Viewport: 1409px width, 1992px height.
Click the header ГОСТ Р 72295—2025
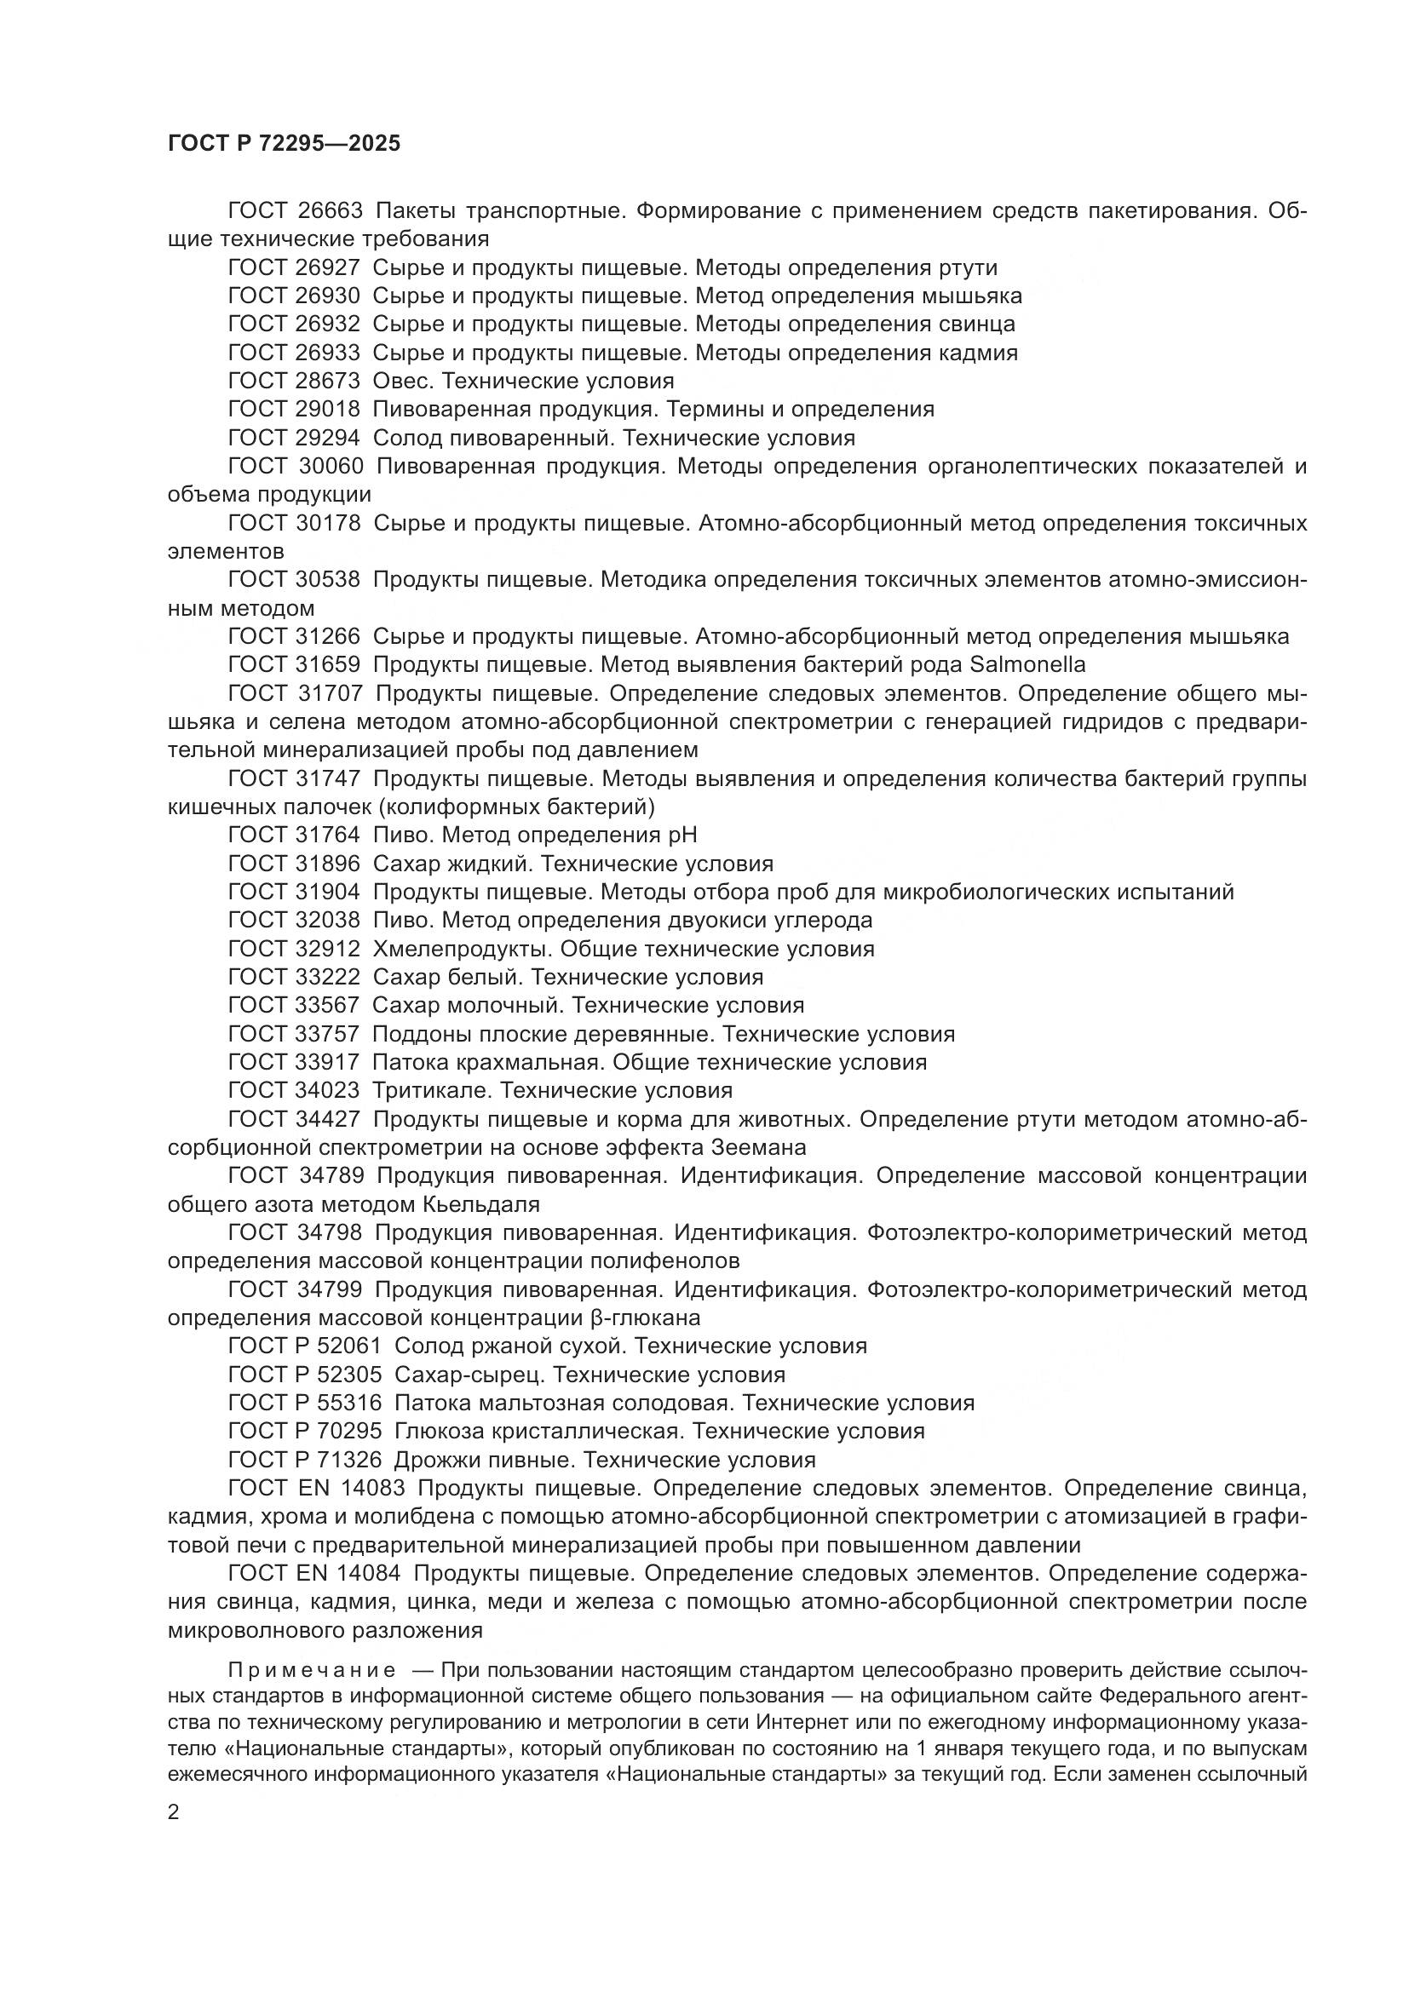click(284, 144)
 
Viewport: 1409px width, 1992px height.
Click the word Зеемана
click(758, 1148)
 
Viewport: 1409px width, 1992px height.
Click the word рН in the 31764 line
click(682, 835)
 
